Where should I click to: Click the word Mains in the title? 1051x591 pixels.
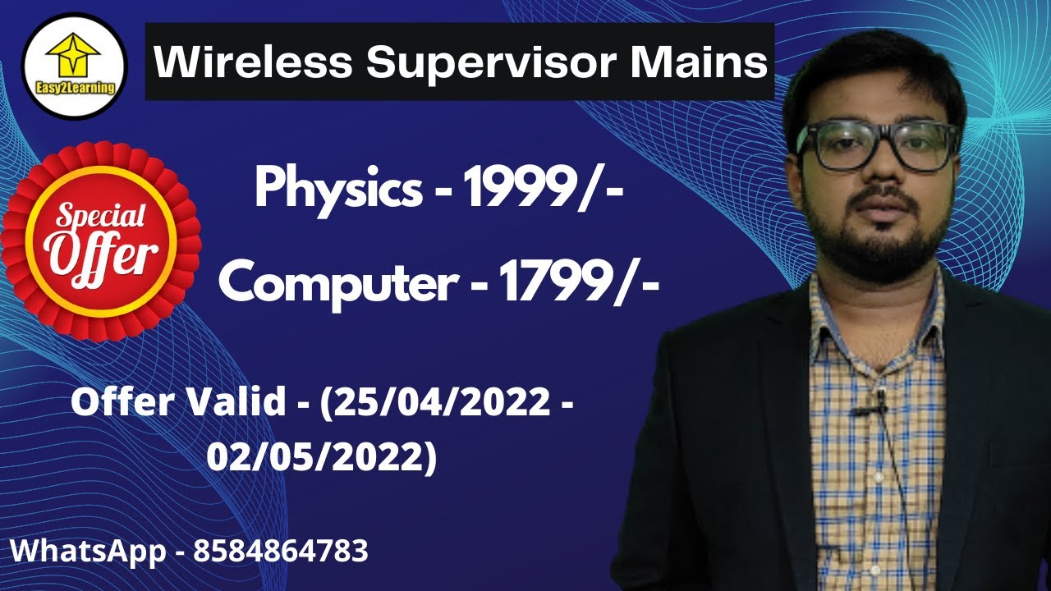pos(707,62)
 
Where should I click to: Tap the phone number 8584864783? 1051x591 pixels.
pos(281,551)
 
